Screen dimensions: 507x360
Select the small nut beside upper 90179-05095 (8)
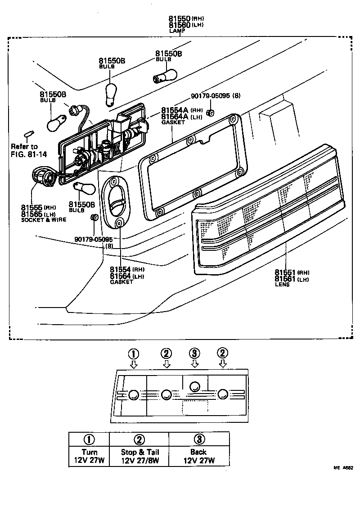click(209, 112)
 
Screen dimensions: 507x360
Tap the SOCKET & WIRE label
click(43, 219)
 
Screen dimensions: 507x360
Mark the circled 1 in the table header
click(89, 439)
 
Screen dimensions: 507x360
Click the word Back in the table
click(198, 452)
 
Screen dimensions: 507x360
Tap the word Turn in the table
click(89, 452)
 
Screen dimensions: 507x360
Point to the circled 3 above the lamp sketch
click(194, 353)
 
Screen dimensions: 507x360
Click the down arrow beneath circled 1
click(133, 364)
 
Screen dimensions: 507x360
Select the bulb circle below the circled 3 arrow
click(195, 386)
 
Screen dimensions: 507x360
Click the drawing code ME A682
click(342, 468)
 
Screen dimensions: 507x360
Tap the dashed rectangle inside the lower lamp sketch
click(194, 407)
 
